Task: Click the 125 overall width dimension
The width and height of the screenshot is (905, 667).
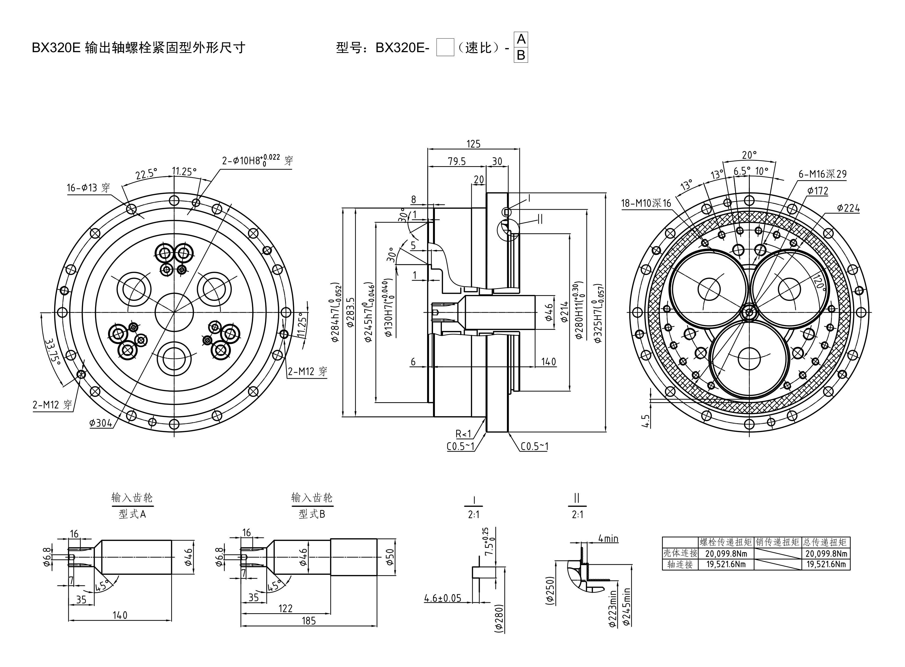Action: (474, 144)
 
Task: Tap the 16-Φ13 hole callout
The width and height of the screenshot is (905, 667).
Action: (88, 188)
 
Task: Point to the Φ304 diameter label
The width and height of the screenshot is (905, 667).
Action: (101, 423)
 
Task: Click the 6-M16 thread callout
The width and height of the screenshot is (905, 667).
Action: (822, 174)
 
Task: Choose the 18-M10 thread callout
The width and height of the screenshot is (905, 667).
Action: (646, 203)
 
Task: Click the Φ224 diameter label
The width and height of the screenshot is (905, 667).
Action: (848, 208)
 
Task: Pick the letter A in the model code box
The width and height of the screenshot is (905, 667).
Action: (521, 40)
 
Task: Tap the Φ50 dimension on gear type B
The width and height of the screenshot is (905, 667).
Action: (390, 557)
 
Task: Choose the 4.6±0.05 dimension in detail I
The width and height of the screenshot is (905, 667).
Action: (442, 598)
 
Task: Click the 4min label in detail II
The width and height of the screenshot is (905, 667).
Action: (608, 538)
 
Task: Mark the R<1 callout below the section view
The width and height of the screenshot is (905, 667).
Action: (463, 434)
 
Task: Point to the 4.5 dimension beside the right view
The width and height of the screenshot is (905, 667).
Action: (645, 421)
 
